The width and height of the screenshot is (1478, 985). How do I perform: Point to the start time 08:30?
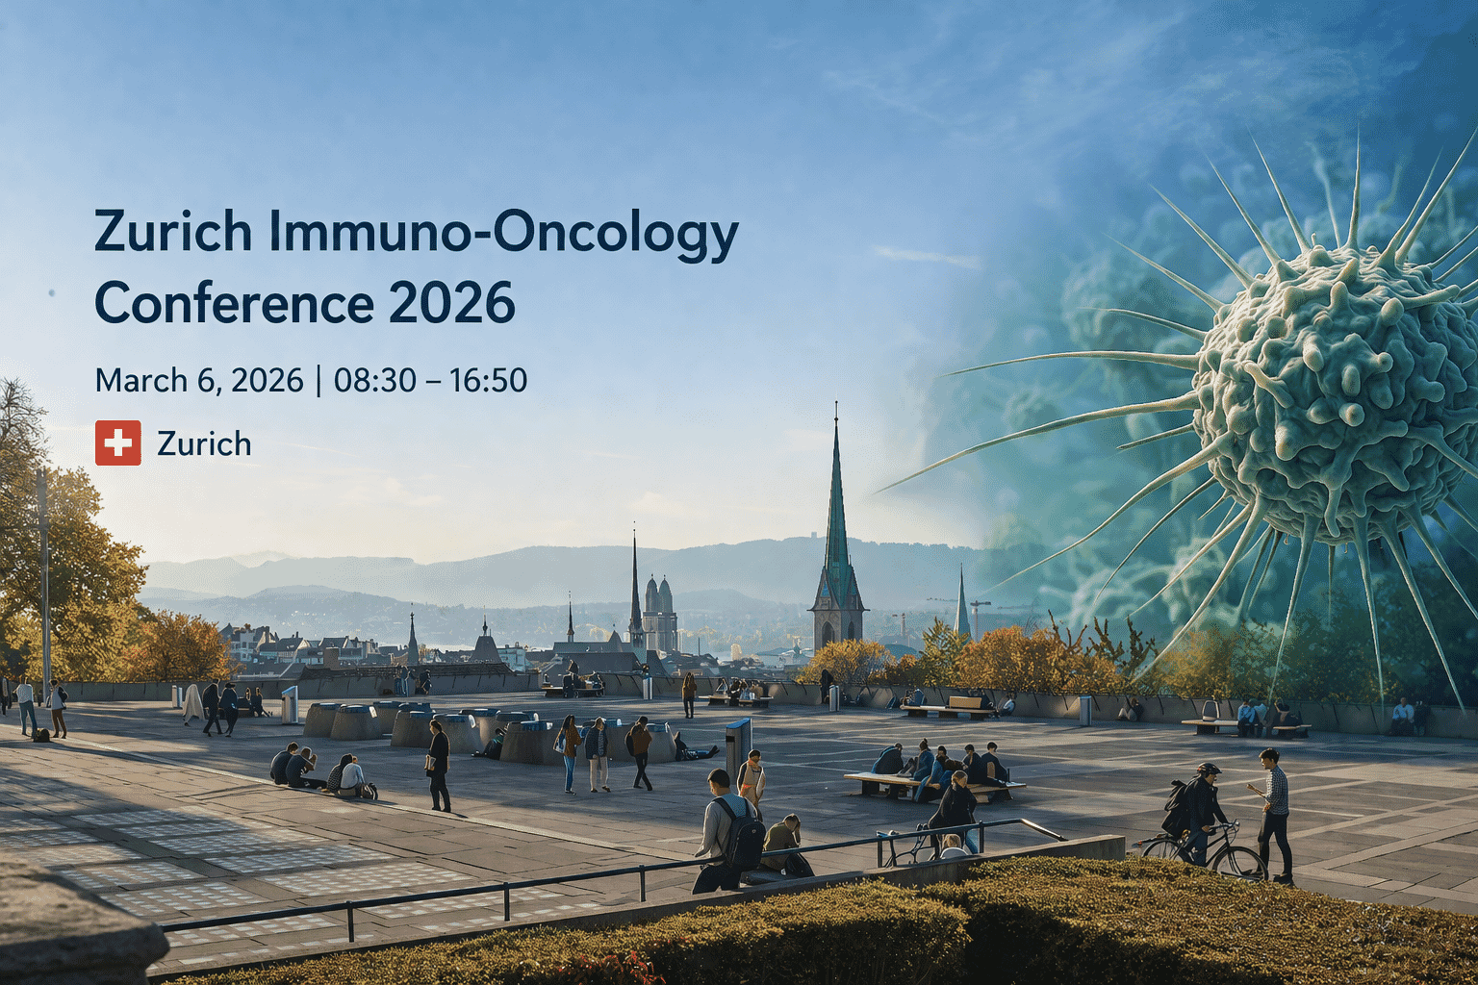374,380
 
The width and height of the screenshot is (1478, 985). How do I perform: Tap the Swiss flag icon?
118,442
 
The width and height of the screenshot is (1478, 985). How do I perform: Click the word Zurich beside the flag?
204,443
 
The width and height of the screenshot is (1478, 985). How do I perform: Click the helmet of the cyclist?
1209,770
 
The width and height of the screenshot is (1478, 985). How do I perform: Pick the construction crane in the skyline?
980,616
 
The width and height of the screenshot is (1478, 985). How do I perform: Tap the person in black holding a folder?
438,765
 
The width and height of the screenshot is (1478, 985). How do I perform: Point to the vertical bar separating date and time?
319,380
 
